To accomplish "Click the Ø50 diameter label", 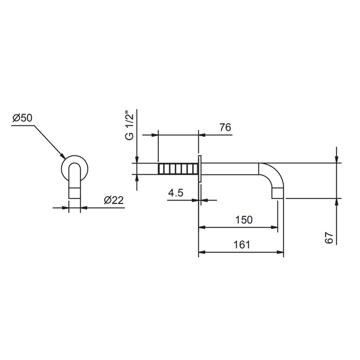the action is point(23,118).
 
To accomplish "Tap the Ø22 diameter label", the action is point(114,200).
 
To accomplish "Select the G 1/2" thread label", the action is point(129,126).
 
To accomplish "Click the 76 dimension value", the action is point(225,128).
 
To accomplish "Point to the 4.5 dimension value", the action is point(176,193).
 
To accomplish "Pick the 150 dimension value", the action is point(244,220).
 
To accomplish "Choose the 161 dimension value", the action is point(242,245).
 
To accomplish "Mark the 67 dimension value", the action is point(329,238).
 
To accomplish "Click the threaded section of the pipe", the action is point(178,169).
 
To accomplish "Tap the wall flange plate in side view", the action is point(200,169).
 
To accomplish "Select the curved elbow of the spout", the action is point(272,176).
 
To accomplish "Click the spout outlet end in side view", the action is point(278,193).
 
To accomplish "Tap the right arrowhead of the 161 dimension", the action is point(280,253).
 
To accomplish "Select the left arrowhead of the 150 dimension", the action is point(202,227).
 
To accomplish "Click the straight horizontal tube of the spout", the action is point(230,169).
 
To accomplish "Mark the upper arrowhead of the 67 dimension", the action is point(336,159).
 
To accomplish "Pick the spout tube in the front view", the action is point(75,181).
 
